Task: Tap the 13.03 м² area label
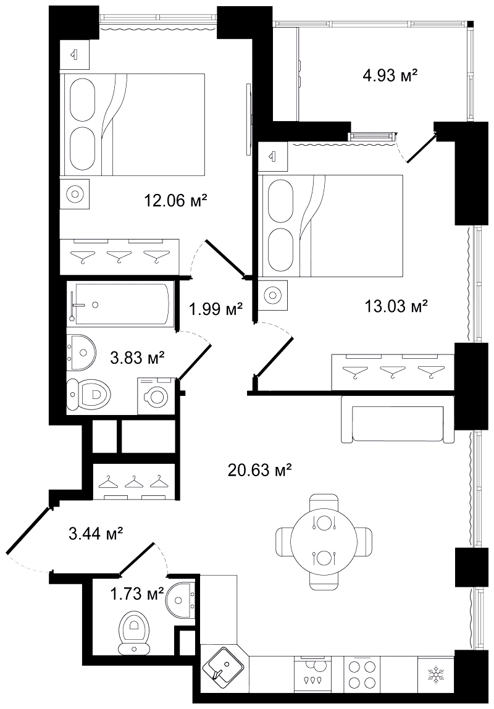tap(396, 306)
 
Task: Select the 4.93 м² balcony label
tap(390, 75)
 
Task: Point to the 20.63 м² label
tap(259, 471)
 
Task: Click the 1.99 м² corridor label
tap(216, 309)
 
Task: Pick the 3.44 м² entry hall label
tap(96, 534)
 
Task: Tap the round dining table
tap(323, 541)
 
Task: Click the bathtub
tap(121, 304)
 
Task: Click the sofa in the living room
tap(398, 419)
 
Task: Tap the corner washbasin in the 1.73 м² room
tap(183, 599)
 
